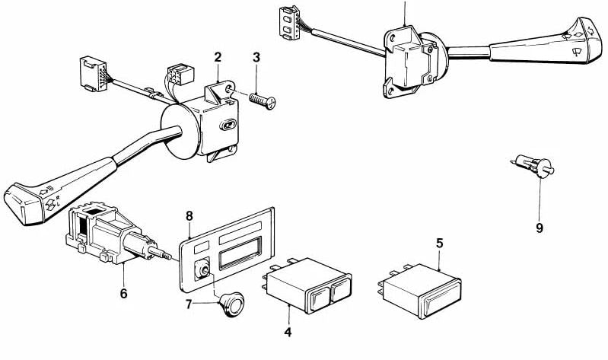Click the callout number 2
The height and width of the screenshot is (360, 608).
pyautogui.click(x=218, y=56)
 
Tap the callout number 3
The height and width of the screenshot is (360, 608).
pyautogui.click(x=256, y=57)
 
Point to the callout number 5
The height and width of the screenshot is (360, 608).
pyautogui.click(x=439, y=245)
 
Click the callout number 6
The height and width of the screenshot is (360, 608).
pyautogui.click(x=124, y=292)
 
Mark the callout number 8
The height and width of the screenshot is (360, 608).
pyautogui.click(x=189, y=216)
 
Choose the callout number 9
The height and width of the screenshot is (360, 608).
pyautogui.click(x=539, y=227)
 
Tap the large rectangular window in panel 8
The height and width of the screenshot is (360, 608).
pyautogui.click(x=240, y=251)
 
